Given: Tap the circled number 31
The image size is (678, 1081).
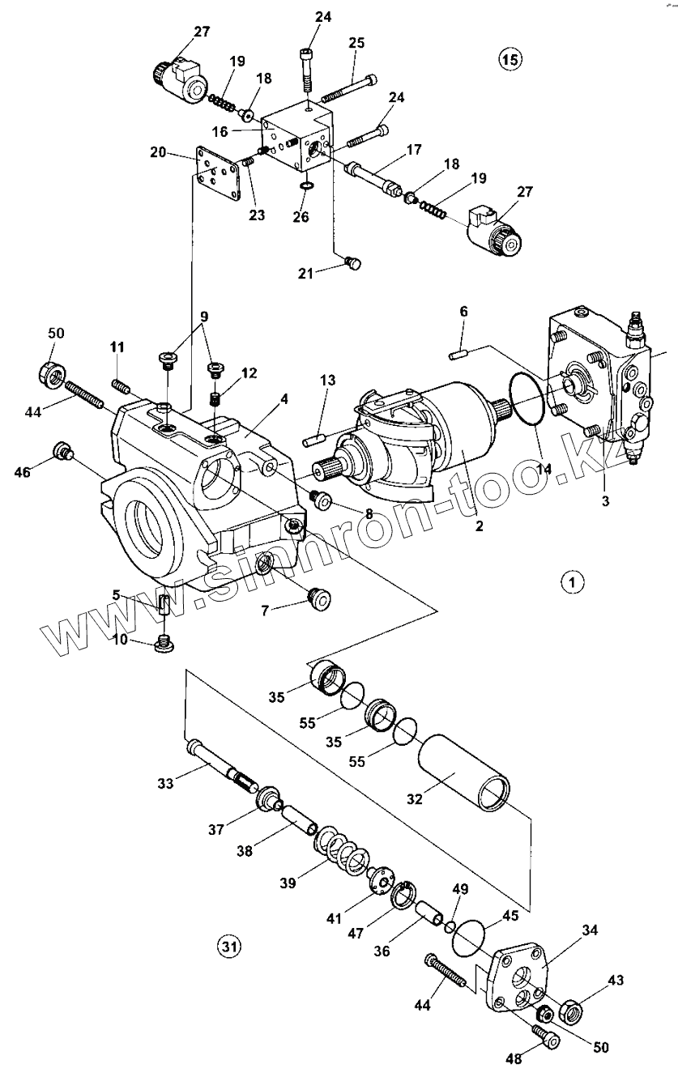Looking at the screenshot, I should point(229,944).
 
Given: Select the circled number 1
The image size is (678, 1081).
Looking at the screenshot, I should point(573,581).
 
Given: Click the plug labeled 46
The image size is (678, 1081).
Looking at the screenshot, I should point(62,453).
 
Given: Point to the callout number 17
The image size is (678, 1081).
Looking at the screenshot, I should point(414,150).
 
